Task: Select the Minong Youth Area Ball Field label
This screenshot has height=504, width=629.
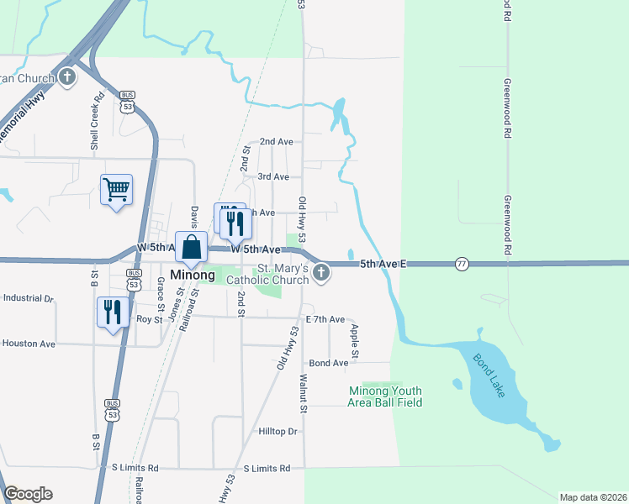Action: (x=385, y=396)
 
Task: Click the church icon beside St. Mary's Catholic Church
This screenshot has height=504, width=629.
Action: (x=321, y=273)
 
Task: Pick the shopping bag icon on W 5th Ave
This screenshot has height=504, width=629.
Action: (x=191, y=247)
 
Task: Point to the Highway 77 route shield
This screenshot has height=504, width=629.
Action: (x=462, y=264)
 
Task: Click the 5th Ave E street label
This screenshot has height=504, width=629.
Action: (x=383, y=264)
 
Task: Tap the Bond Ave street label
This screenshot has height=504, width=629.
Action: (x=329, y=363)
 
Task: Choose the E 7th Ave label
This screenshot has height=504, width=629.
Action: (x=325, y=319)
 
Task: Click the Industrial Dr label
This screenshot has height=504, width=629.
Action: (x=28, y=298)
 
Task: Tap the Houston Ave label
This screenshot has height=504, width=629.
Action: (x=29, y=344)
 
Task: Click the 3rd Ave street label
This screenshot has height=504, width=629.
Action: (x=273, y=176)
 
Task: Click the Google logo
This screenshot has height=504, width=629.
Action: (x=28, y=494)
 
